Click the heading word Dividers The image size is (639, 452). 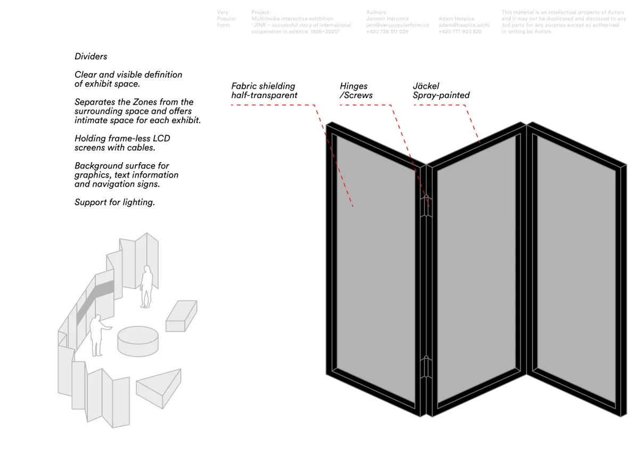click(91, 57)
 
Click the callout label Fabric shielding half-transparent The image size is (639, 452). click(264, 91)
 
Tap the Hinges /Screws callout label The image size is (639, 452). click(356, 91)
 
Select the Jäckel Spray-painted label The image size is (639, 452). click(441, 91)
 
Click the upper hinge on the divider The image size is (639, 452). click(427, 206)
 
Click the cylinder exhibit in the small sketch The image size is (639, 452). click(138, 341)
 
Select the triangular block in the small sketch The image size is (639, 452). click(159, 389)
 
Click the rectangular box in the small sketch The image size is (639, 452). click(182, 316)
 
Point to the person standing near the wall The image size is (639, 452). click(146, 286)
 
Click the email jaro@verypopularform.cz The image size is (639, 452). click(397, 25)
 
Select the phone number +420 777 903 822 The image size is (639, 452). click(460, 31)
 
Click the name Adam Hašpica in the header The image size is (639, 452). click(456, 19)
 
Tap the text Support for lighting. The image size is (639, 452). click(114, 203)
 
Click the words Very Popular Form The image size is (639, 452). click(226, 19)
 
